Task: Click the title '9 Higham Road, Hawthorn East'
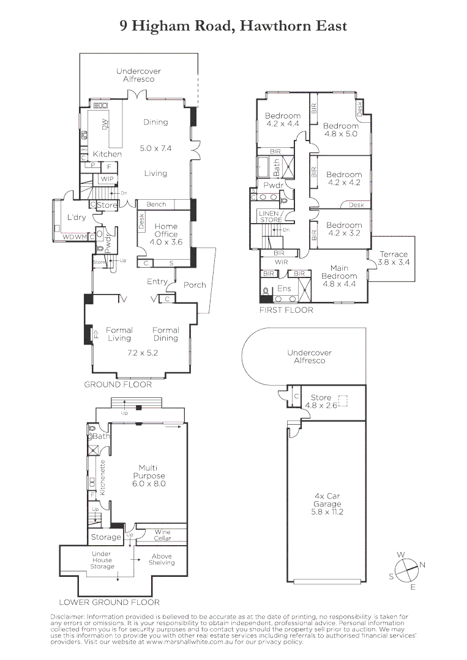(233, 26)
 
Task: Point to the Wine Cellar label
(162, 535)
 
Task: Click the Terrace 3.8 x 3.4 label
(394, 258)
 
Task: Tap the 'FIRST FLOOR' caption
(286, 310)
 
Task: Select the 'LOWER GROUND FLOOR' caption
(110, 602)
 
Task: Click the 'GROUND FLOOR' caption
(118, 384)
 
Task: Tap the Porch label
(195, 285)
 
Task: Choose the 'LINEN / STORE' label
(271, 216)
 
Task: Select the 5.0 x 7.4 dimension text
(155, 148)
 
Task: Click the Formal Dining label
(165, 334)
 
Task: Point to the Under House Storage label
(102, 560)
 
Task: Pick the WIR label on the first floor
(281, 262)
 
